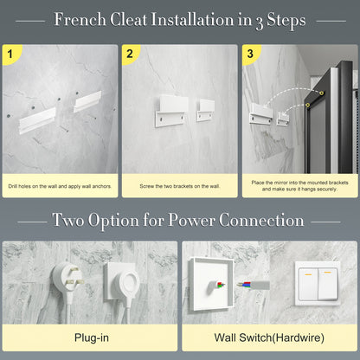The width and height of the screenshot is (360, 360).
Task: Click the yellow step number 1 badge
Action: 11,54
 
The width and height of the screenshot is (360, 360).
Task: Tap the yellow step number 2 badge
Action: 131,54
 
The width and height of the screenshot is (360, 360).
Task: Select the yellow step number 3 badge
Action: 250,54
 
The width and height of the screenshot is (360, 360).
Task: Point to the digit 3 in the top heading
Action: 259,22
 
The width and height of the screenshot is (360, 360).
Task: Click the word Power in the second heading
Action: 191,221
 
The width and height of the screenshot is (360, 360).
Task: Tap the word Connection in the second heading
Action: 261,221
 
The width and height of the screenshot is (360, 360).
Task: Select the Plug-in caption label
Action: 92,337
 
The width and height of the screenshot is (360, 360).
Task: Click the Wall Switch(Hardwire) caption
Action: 269,337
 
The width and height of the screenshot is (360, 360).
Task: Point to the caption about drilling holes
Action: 60,186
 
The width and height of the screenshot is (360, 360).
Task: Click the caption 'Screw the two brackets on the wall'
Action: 180,186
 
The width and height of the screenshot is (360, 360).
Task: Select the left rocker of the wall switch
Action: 308,284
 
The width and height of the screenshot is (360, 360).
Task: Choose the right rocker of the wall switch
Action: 328,284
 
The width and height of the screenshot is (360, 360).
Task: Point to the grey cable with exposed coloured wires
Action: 254,285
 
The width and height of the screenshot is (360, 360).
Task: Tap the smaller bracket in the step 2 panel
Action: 206,110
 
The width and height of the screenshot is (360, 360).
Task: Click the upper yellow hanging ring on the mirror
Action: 321,93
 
